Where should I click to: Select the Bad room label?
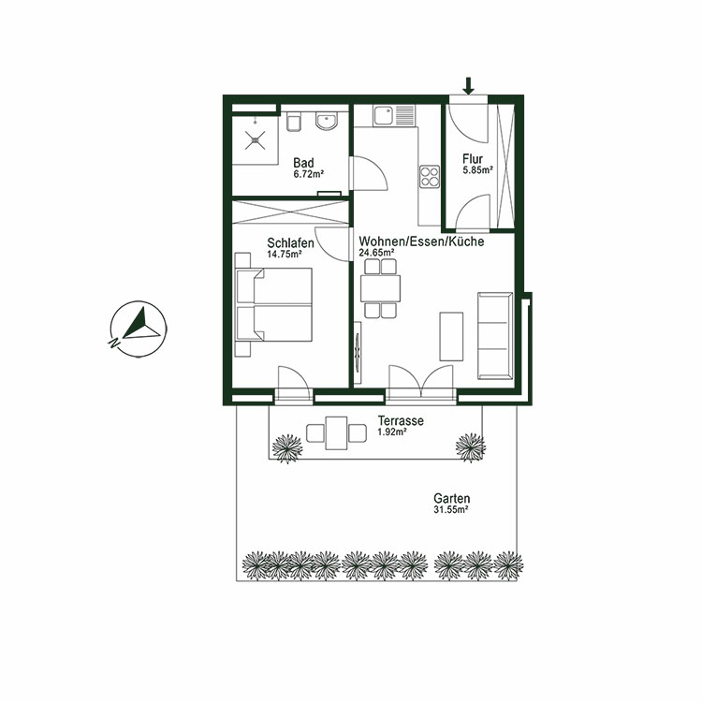point(302,162)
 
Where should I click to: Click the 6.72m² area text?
point(308,174)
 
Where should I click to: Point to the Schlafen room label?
point(288,242)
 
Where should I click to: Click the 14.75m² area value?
point(285,254)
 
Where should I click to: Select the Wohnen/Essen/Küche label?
point(420,241)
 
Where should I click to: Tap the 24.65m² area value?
point(376,253)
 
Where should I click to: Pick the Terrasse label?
point(401,421)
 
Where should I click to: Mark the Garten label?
point(451,499)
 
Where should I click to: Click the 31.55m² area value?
point(451,511)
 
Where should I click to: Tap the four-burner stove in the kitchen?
point(430,177)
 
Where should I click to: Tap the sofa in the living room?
point(494,334)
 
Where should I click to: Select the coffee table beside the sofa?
point(451,336)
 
